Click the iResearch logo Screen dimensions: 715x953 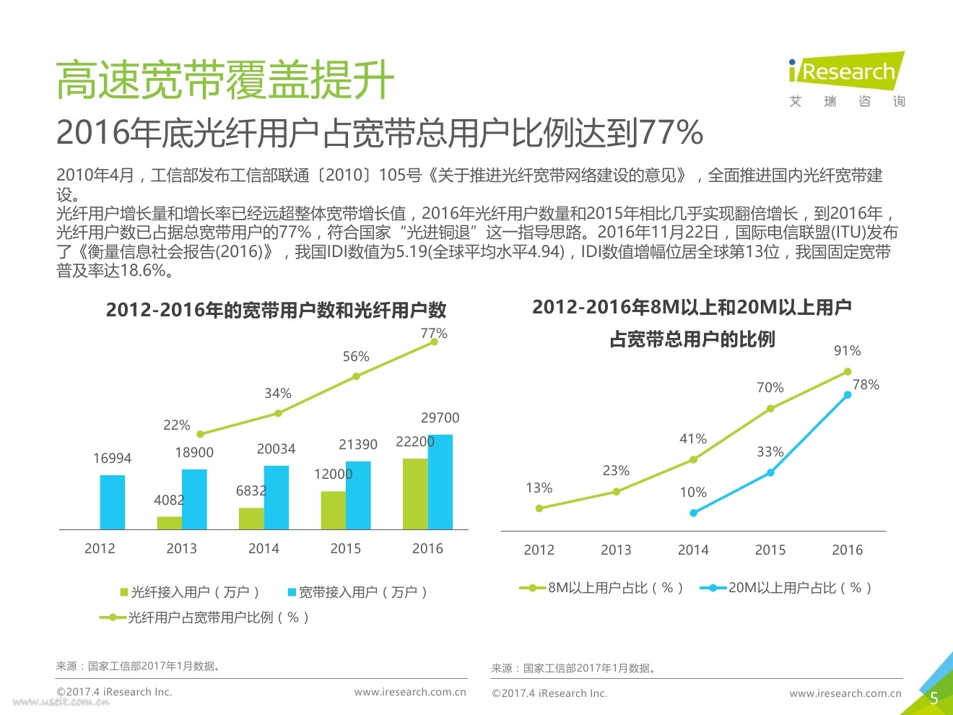[x=846, y=79]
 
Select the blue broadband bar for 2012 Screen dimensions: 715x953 [x=113, y=502]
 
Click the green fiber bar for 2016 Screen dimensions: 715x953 [x=415, y=494]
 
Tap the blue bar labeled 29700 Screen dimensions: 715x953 [x=440, y=482]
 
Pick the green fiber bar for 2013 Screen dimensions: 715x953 [x=170, y=523]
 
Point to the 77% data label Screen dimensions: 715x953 [x=434, y=333]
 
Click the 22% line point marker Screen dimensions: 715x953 [x=201, y=434]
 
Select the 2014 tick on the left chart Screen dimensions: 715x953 [x=264, y=548]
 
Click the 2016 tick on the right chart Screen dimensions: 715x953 [x=847, y=550]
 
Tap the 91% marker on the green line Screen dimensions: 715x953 [x=848, y=372]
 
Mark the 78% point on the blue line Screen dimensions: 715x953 [x=848, y=394]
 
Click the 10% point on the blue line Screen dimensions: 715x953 [x=693, y=513]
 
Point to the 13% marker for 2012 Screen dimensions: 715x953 [x=539, y=508]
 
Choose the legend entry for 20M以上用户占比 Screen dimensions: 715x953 [x=787, y=588]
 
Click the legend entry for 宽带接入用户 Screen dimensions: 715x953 [x=357, y=592]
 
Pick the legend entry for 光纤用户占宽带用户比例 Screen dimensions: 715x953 [x=205, y=617]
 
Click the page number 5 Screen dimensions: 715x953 [x=934, y=698]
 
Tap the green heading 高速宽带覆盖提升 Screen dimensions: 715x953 [x=225, y=79]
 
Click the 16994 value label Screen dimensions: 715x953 [x=113, y=459]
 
